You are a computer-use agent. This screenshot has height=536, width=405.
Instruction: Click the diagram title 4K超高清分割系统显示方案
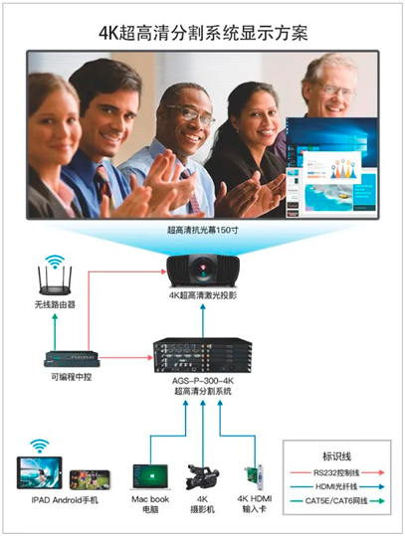point(203,34)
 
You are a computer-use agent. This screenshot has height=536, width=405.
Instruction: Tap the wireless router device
point(55,280)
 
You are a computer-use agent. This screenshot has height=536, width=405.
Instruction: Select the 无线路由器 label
point(55,304)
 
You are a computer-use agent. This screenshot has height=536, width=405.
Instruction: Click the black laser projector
point(203,270)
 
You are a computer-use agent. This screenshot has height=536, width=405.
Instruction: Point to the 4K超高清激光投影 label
point(203,295)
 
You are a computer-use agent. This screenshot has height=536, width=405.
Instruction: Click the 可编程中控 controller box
point(72,359)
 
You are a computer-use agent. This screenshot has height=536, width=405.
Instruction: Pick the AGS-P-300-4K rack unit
point(203,356)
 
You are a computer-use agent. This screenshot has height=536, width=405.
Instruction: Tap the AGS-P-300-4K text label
point(203,381)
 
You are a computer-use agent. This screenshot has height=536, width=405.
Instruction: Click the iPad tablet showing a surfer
point(40,472)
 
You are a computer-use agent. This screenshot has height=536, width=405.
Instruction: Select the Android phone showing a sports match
point(90,479)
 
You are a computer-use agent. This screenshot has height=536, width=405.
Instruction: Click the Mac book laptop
point(150,477)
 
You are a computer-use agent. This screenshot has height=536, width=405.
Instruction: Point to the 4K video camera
point(203,476)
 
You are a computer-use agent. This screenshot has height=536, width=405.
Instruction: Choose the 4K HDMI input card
point(255,477)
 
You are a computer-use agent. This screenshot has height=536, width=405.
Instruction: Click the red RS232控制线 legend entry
point(337,472)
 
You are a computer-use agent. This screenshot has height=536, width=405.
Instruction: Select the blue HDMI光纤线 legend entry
point(337,487)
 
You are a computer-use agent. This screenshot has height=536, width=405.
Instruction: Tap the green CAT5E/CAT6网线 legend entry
point(337,501)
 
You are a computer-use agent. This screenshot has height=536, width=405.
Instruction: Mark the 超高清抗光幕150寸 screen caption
point(203,230)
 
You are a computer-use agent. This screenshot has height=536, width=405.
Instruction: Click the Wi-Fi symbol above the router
point(55,261)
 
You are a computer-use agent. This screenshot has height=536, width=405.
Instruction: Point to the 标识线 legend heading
point(336,456)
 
